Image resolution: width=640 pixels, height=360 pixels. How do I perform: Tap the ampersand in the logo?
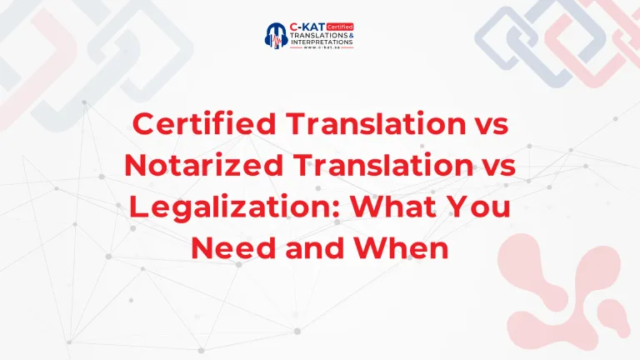[351, 37]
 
